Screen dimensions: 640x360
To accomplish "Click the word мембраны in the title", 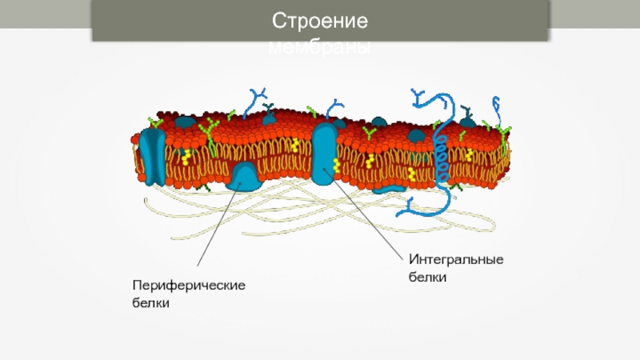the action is [319, 48].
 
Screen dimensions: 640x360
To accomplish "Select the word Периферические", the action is [188, 286].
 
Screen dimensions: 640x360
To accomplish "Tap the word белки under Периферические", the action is [150, 304].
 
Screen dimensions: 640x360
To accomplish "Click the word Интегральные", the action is [455, 259].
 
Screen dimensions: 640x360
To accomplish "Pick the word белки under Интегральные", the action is [427, 278].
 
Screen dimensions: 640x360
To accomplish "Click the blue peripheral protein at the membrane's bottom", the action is [246, 176].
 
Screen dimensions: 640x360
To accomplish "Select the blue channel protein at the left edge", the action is [150, 154].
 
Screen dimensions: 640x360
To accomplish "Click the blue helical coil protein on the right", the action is [440, 148].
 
